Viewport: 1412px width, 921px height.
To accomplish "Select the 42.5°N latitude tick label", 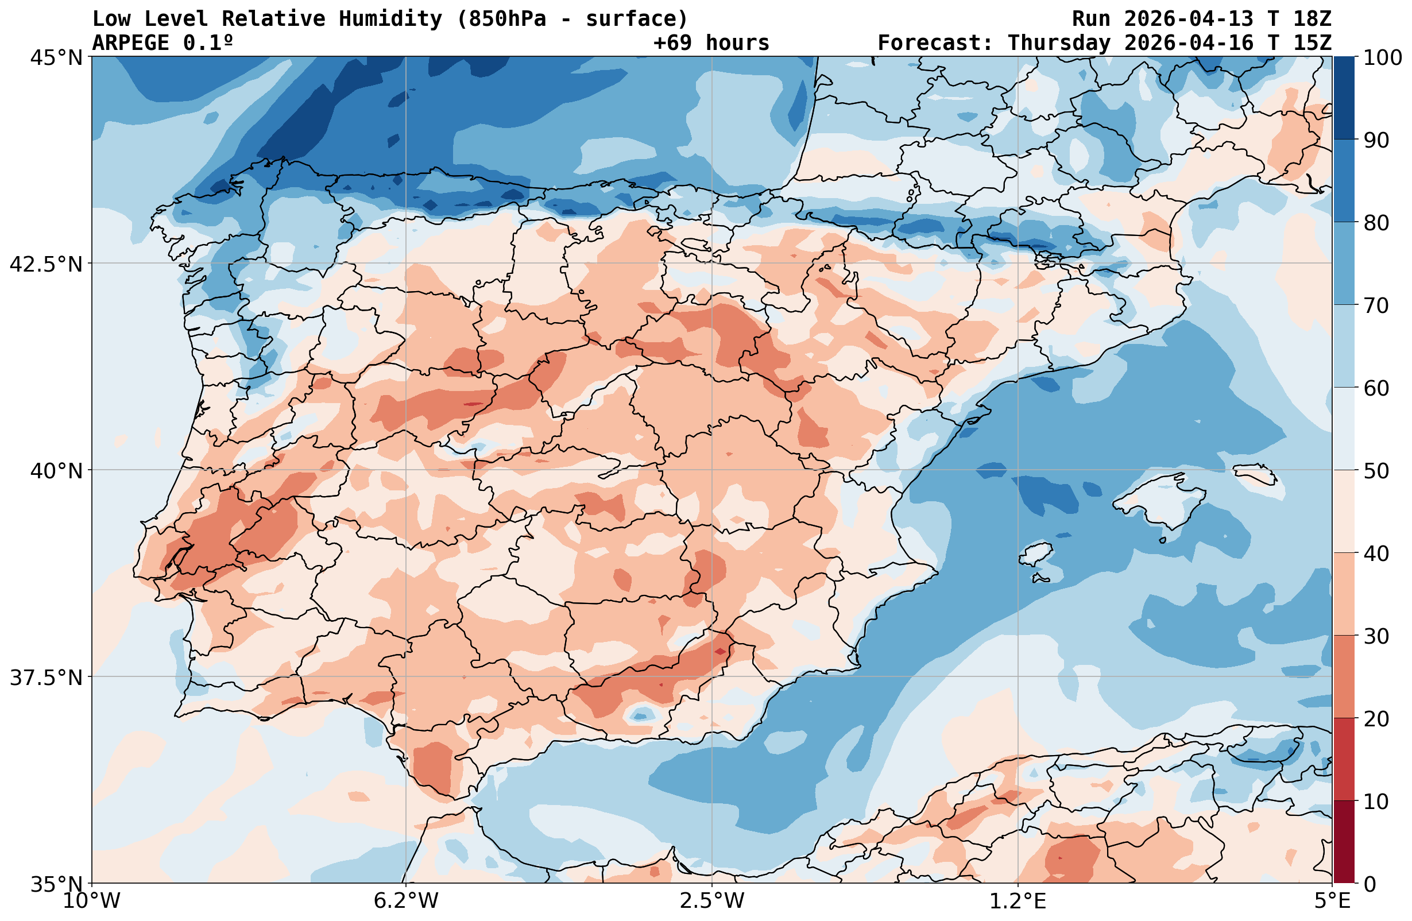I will coord(46,264).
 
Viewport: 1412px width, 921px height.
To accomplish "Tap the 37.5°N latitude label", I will coord(46,678).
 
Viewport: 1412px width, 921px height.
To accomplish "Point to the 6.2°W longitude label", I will coord(406,901).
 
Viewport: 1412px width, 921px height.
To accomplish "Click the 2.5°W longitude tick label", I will coord(712,901).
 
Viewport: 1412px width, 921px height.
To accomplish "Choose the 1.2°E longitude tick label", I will coord(1018,901).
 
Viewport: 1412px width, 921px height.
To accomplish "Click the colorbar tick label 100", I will coord(1382,58).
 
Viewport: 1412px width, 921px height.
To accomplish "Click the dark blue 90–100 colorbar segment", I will coord(1344,98).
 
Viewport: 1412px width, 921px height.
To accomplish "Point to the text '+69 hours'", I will coord(711,42).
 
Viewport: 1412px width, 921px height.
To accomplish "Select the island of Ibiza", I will coord(1035,555).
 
